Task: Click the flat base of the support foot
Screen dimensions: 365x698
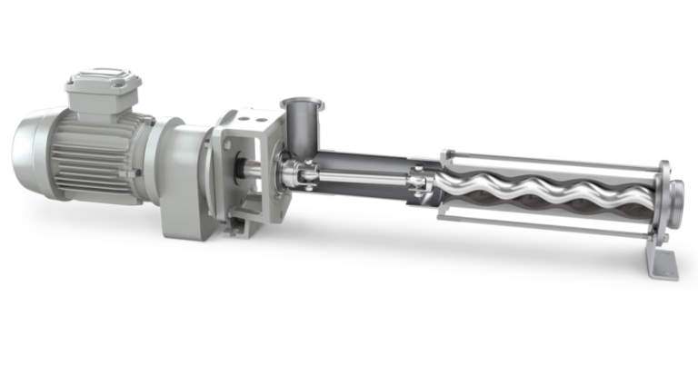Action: point(663,270)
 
